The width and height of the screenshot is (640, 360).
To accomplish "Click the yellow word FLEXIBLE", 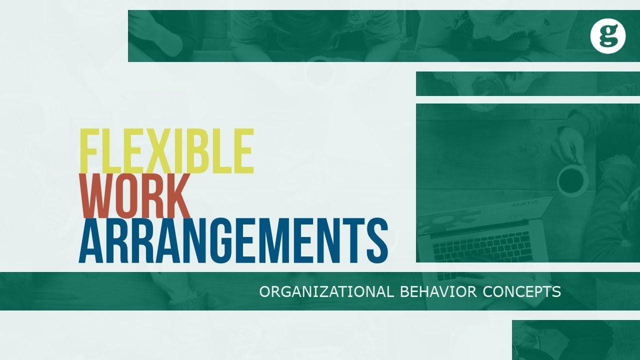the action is pos(167,151).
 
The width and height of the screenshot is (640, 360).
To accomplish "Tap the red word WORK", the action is pos(136,195).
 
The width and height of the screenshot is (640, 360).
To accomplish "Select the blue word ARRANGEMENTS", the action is pos(233,240).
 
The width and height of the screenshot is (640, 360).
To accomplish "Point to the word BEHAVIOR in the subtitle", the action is pos(438,291).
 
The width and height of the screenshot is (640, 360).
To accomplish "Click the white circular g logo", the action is pos(608,36).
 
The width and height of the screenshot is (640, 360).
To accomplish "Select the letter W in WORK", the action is pos(97,195).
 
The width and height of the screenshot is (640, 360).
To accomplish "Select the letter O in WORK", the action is pos(126,195).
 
